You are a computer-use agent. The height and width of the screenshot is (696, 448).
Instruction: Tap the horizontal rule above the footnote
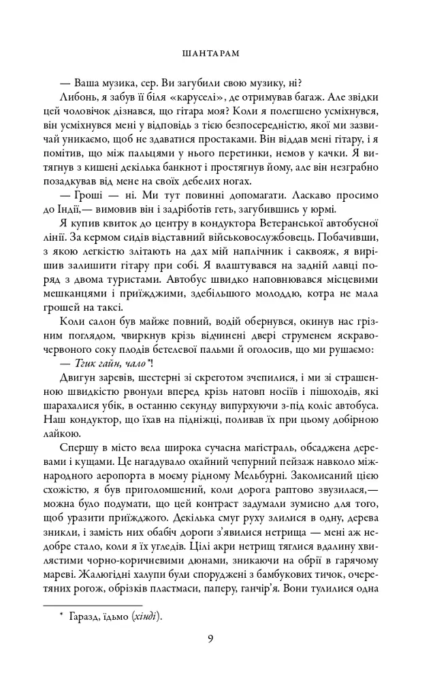click(x=93, y=604)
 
